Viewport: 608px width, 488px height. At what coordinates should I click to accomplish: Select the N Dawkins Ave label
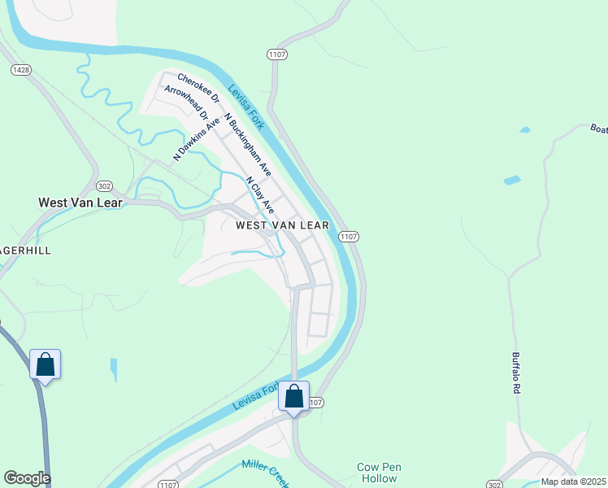tap(197, 138)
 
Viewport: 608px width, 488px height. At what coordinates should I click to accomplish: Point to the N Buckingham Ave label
tap(248, 146)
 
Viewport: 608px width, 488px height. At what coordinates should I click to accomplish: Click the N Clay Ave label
tap(261, 196)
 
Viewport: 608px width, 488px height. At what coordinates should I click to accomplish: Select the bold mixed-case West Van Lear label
tap(80, 202)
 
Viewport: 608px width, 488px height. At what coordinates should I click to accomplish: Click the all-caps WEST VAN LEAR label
tap(282, 225)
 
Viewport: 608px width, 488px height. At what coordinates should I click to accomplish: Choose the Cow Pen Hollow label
tap(380, 473)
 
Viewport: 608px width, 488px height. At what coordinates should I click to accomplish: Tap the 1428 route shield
tap(21, 71)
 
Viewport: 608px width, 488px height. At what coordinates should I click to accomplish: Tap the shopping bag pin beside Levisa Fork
tap(294, 397)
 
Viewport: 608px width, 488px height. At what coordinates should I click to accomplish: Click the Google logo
tap(27, 478)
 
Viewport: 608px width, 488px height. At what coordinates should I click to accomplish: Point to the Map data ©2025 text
tap(574, 481)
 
